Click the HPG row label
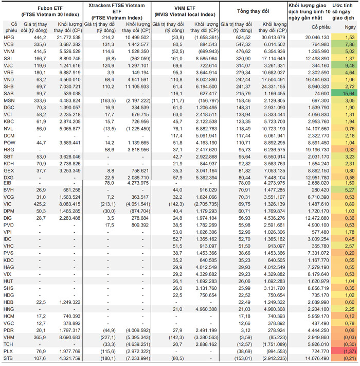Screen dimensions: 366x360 click(x=9, y=38)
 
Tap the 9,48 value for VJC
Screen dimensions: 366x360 click(x=350, y=65)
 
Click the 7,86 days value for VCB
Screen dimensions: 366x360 click(x=350, y=44)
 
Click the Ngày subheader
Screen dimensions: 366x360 click(x=350, y=27)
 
